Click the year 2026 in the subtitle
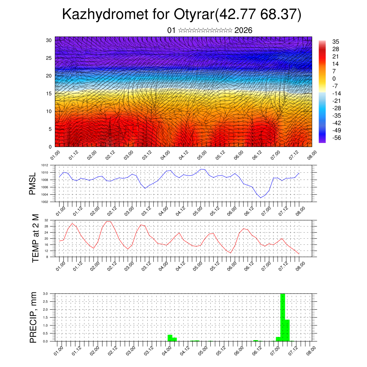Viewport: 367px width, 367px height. (x=243, y=30)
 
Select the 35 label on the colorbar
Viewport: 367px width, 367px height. (x=336, y=42)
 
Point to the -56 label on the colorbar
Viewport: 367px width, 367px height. (x=337, y=137)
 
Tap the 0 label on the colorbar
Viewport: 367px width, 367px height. (x=334, y=78)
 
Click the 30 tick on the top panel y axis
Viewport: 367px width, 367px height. (x=49, y=40)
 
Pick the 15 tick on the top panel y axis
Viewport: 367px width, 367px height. (x=49, y=94)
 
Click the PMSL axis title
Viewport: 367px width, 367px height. (x=33, y=183)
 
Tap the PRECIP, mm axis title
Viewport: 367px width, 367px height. (x=33, y=317)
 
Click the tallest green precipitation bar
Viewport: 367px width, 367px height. (x=282, y=317)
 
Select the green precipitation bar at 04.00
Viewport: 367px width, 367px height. (x=170, y=338)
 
